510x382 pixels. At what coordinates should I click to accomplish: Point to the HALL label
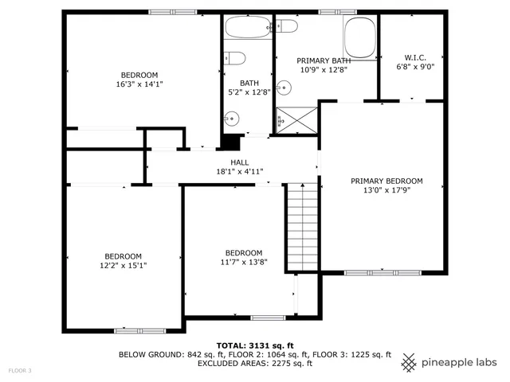tap(218, 162)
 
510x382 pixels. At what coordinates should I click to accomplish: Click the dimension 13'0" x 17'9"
tap(386, 190)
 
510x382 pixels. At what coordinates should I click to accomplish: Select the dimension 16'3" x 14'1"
tap(139, 84)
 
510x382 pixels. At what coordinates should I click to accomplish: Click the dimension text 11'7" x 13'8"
tap(244, 262)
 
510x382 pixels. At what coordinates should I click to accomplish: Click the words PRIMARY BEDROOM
tap(386, 181)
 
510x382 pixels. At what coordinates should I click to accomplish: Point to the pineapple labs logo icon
tap(409, 362)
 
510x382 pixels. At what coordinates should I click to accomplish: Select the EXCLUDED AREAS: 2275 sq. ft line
tap(254, 364)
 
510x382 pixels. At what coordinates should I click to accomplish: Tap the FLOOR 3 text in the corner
tap(20, 371)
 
